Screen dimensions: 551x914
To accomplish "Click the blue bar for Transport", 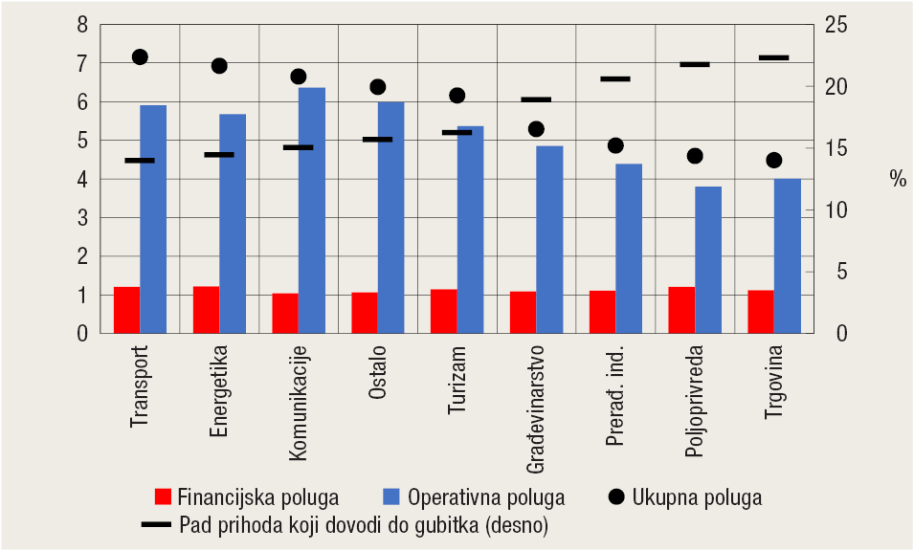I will click(153, 219).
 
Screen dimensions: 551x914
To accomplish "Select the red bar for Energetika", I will click(207, 310).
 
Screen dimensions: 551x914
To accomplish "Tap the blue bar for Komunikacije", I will click(312, 210).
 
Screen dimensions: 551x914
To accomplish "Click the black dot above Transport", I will click(140, 57).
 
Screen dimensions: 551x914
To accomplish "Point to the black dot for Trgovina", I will click(773, 160).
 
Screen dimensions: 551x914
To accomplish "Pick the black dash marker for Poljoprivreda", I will click(695, 64).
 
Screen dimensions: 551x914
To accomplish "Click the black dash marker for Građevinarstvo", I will click(536, 99).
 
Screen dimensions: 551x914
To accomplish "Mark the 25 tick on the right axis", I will click(836, 24).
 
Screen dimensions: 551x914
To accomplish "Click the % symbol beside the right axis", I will click(897, 179).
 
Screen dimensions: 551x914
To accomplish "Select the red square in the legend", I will click(164, 496).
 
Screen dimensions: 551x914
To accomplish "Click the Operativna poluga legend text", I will click(485, 497).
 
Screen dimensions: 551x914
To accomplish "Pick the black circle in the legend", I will click(615, 496).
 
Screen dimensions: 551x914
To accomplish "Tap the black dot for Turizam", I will click(457, 96).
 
